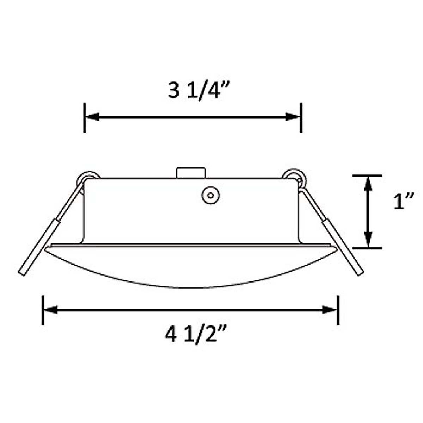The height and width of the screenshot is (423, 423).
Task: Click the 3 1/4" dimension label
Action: tap(199, 91)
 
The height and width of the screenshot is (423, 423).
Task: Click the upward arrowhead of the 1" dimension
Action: tap(368, 183)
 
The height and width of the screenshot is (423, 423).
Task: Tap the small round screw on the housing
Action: tap(211, 195)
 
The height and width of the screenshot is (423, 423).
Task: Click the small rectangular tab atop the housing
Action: tap(191, 173)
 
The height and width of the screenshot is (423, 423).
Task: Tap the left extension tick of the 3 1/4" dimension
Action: tap(85, 118)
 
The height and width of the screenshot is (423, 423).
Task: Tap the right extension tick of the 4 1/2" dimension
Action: tap(338, 310)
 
